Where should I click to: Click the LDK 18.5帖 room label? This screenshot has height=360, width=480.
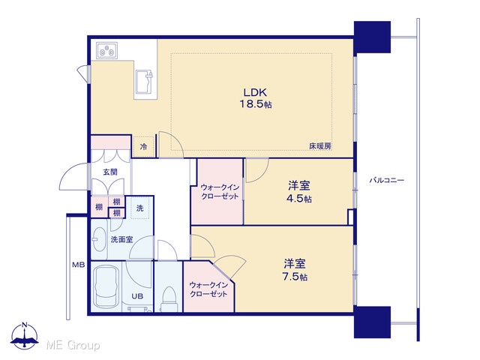[255, 98]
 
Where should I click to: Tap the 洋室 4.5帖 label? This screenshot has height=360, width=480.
[299, 192]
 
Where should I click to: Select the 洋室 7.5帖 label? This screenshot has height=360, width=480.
[295, 270]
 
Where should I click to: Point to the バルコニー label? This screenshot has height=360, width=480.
[386, 180]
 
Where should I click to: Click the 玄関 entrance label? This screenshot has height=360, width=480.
[110, 172]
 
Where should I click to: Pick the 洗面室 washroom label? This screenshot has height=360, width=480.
[121, 239]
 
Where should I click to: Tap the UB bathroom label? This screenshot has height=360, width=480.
[137, 296]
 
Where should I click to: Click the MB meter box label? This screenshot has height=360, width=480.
[78, 265]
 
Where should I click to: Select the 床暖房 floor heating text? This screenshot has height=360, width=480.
[320, 146]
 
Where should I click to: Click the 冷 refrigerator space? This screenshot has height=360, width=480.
[143, 146]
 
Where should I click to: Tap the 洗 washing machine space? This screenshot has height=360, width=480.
[139, 208]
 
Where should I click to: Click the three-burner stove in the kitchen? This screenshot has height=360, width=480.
[107, 50]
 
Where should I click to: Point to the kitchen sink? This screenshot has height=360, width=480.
[144, 82]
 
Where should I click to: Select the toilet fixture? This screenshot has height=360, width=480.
[168, 298]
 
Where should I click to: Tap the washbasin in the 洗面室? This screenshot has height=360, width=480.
[99, 239]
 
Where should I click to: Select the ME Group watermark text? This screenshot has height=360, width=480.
[73, 345]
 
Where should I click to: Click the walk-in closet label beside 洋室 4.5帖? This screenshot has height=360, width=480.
[220, 191]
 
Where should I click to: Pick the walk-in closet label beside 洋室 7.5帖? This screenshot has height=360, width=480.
[208, 289]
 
